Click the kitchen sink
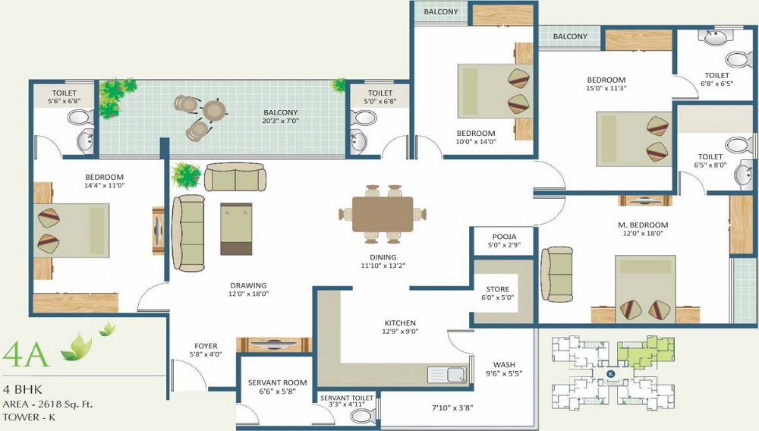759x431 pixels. pos(447,375)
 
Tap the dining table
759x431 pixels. pos(383,214)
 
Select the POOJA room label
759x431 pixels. pos(504,237)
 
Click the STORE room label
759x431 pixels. pos(498,289)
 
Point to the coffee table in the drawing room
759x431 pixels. pos(236,229)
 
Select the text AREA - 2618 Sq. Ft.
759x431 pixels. pos(47,404)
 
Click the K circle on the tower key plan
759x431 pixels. pos(611,373)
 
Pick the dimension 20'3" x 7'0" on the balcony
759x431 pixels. pos(280,121)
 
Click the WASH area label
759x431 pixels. pos(504,365)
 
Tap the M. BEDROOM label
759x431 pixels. pos(643,225)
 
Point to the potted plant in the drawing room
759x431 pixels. pos(187,175)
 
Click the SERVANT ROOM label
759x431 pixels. pos(277,382)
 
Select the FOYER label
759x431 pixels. pos(206,346)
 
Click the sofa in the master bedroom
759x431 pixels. pos(556,275)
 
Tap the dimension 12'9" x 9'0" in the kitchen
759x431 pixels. pos(400,332)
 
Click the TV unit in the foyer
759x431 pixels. pos(273,345)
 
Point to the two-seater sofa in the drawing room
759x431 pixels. pos(235,177)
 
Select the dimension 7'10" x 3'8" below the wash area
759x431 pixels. pos(452,408)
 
